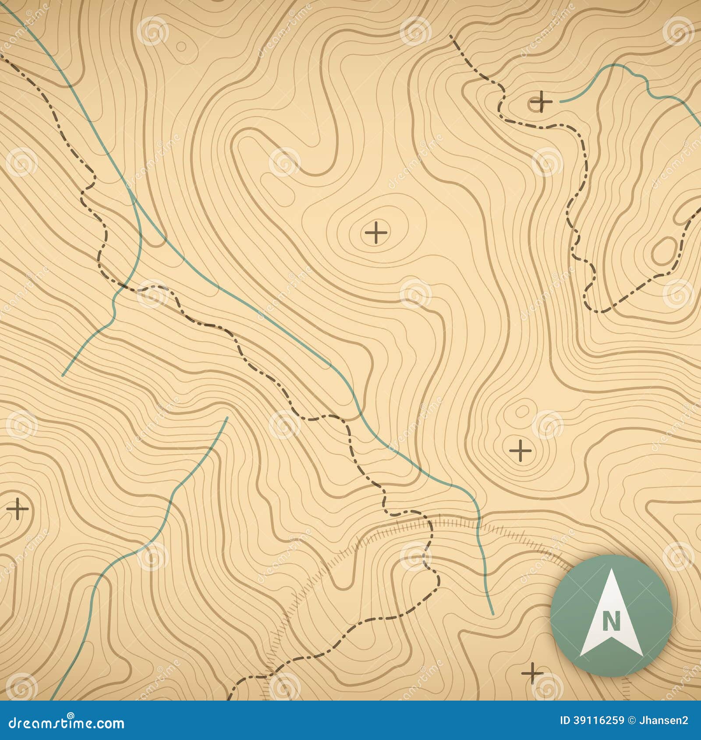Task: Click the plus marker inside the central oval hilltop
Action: coord(376,232)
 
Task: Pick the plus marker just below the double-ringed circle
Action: coord(520,450)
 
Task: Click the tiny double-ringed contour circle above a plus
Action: coord(522,411)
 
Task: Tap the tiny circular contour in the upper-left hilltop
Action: coord(181,46)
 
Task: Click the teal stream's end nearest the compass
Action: coord(493,614)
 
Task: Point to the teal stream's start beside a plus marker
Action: coord(561,102)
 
